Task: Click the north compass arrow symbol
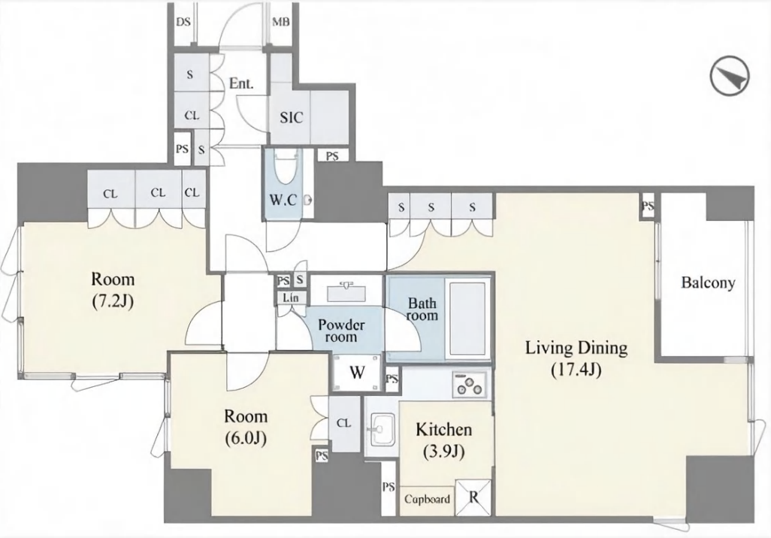click(730, 77)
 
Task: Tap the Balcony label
click(708, 283)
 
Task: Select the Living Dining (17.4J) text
click(576, 358)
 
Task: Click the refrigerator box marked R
click(473, 497)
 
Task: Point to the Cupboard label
click(427, 499)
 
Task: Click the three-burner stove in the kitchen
click(470, 383)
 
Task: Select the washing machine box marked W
click(357, 373)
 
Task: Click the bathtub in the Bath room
click(467, 319)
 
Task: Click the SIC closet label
click(291, 118)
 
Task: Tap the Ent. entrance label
click(241, 83)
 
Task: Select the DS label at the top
click(183, 22)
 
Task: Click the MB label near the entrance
click(281, 22)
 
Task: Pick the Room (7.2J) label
click(113, 290)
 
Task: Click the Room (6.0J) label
click(246, 428)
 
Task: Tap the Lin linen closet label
click(289, 298)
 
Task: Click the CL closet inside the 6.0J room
click(343, 424)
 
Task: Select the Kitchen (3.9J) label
click(444, 440)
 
